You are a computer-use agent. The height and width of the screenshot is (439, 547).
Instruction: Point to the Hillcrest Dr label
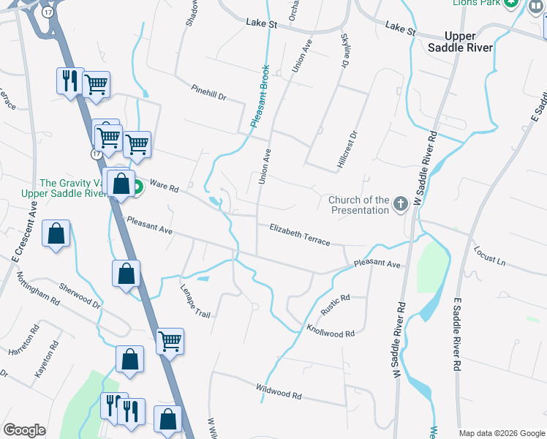[x=348, y=150]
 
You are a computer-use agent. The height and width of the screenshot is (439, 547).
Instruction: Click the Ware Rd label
[x=164, y=187]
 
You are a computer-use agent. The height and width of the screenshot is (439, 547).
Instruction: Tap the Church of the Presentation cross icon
[x=400, y=204]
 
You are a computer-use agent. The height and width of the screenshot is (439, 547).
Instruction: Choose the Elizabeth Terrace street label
[x=300, y=234]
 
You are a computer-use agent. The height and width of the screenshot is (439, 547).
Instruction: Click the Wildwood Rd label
[x=279, y=391]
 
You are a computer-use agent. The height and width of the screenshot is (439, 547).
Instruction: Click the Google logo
[x=25, y=429]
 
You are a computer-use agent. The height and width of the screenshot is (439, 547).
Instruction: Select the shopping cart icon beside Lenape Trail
[x=170, y=339]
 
